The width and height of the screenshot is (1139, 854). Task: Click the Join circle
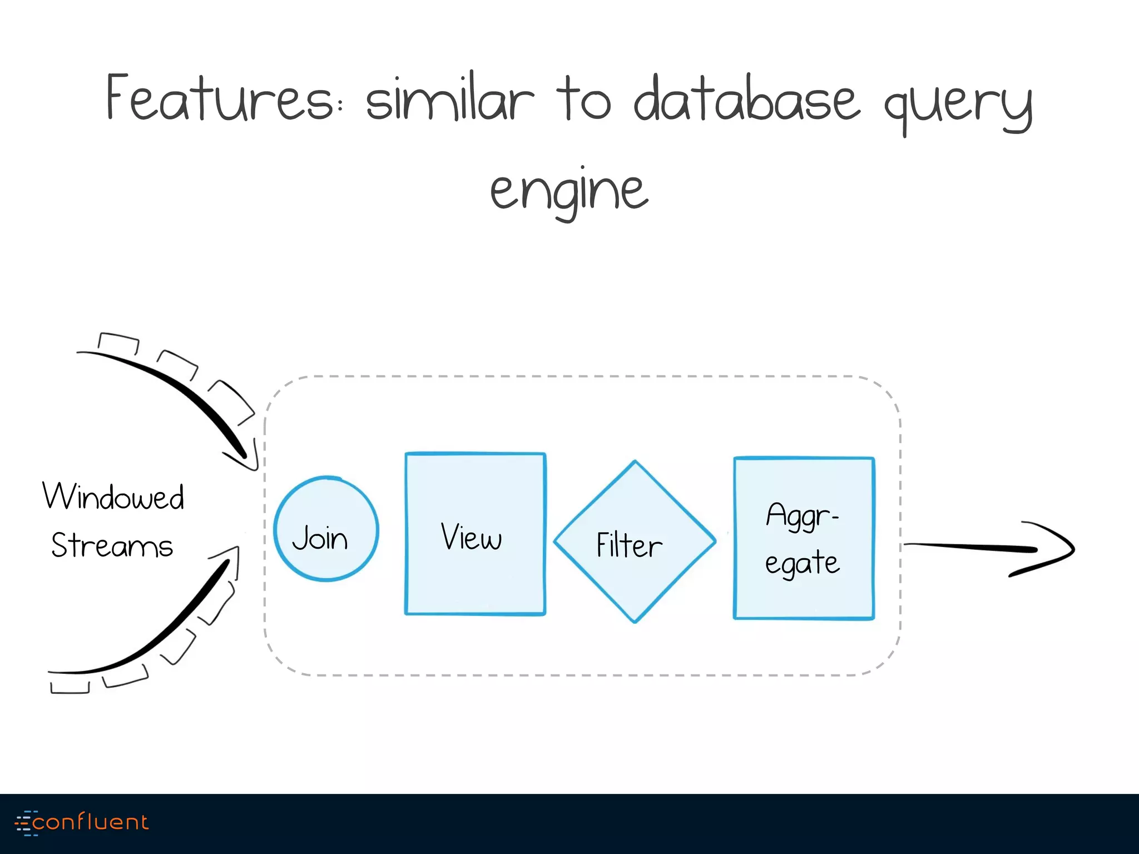coord(326,529)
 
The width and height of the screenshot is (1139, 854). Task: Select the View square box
coord(475,534)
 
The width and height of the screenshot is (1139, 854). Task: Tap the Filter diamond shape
coord(634,542)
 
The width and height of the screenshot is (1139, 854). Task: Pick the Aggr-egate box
coord(804,538)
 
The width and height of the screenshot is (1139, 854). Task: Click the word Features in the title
coord(220,98)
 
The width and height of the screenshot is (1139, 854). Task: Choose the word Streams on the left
coord(112,545)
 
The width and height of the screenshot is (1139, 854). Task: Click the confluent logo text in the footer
coord(90,822)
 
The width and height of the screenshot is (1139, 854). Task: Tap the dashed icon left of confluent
coord(24,823)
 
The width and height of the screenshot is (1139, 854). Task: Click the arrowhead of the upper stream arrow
coord(245,455)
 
